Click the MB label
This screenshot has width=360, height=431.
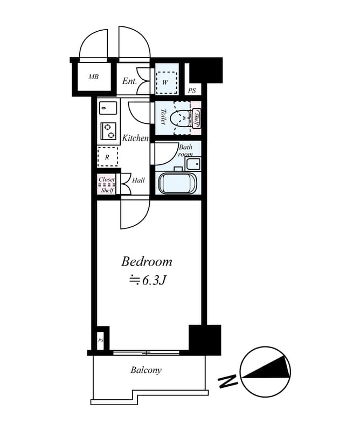[94, 77]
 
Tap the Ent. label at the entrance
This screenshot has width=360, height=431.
[129, 81]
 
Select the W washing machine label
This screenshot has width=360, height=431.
[165, 82]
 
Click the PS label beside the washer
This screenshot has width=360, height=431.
[192, 91]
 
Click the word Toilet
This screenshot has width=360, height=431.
[163, 117]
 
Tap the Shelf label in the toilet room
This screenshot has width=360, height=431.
[197, 118]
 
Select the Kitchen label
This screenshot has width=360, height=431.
[135, 138]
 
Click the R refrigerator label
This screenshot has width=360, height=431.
[107, 157]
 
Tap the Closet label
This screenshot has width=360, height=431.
[107, 180]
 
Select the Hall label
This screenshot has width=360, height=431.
[139, 180]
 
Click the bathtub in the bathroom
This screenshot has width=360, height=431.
[178, 183]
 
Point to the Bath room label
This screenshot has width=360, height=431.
[186, 150]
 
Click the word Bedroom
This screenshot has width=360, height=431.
[147, 262]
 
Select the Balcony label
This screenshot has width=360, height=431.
[146, 370]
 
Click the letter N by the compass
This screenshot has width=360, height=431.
[228, 382]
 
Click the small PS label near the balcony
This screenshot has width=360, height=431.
[101, 340]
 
